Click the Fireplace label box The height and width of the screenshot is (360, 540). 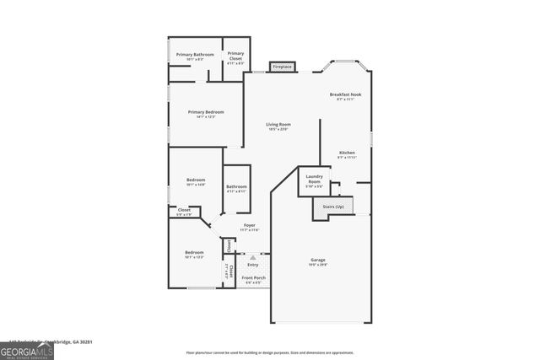282,67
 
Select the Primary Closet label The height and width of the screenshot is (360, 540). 235,54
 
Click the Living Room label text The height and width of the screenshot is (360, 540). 278,125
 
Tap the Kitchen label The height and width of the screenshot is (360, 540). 347,153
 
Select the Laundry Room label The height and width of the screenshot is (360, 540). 314,178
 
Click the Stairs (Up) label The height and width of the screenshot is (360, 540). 333,206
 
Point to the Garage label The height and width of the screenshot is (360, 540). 317,260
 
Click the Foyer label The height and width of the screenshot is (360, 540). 250,225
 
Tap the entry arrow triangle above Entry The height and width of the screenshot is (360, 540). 252,255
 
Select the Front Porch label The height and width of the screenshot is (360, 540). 253,278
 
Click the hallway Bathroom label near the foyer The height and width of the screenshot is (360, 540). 236,186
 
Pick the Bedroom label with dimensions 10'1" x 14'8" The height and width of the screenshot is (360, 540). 196,180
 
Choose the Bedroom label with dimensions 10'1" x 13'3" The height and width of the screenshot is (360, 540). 194,252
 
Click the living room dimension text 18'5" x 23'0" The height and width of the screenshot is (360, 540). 278,130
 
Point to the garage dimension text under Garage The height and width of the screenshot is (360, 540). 317,265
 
